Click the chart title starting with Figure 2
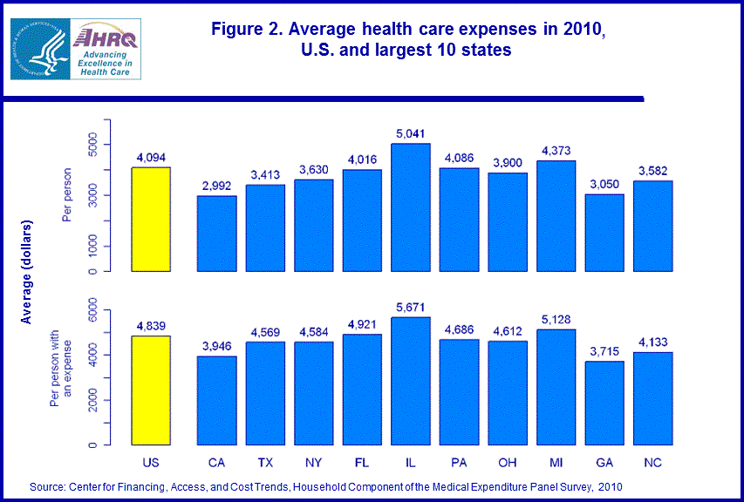tap(408, 40)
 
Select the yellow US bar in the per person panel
tap(151, 219)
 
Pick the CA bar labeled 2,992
tap(216, 234)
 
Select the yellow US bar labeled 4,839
tap(151, 390)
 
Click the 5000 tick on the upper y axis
tap(94, 145)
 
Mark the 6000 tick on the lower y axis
tap(94, 310)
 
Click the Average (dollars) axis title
tap(27, 273)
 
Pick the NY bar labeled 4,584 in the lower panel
tap(312, 393)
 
